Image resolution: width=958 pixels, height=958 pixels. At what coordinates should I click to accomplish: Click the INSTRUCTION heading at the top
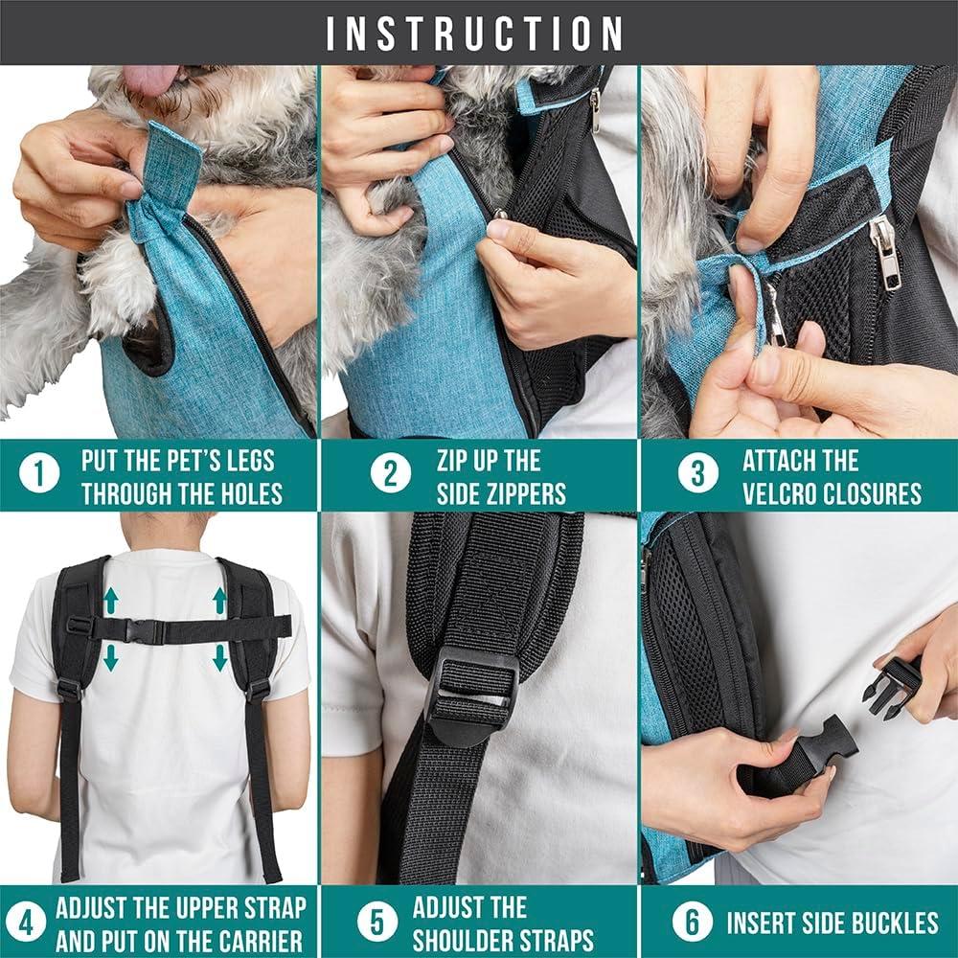(x=476, y=33)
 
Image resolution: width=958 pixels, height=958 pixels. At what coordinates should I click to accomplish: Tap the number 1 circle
(x=39, y=474)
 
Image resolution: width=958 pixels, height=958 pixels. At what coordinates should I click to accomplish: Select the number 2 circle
(x=391, y=474)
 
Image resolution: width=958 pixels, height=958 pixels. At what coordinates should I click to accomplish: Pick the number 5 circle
(x=377, y=924)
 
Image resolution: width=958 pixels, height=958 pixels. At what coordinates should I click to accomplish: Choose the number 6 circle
(x=692, y=924)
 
